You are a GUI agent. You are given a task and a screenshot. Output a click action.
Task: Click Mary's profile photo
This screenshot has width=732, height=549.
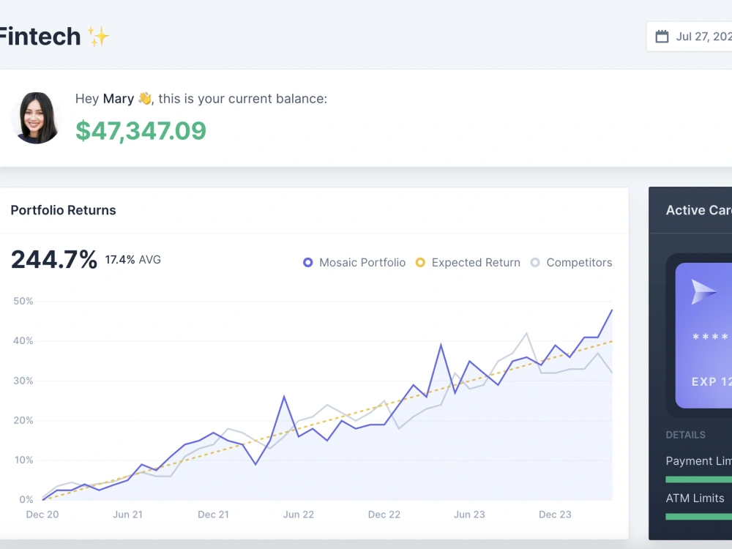(x=36, y=118)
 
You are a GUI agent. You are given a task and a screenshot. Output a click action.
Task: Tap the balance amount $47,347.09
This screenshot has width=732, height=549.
(x=141, y=130)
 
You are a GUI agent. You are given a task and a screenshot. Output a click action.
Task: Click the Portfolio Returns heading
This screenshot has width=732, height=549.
(x=63, y=210)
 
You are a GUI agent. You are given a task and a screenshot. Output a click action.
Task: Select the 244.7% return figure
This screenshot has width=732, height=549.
(x=54, y=260)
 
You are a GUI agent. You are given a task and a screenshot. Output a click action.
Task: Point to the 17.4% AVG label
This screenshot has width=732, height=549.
(x=132, y=260)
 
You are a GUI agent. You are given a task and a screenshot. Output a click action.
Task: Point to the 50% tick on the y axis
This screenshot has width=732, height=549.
(x=23, y=302)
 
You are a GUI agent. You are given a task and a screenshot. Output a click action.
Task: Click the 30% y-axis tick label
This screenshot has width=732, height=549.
(x=23, y=381)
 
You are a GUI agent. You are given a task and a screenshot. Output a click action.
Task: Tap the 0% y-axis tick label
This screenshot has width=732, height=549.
(x=26, y=500)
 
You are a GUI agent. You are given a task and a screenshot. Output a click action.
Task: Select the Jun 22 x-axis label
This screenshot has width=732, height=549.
(x=299, y=515)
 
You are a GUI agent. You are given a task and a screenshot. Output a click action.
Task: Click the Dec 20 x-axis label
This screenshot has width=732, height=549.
(x=42, y=515)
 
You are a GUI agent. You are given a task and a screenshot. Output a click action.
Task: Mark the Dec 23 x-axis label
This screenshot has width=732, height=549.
(x=555, y=515)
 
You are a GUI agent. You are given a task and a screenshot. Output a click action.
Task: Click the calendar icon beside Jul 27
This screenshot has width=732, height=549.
(x=662, y=37)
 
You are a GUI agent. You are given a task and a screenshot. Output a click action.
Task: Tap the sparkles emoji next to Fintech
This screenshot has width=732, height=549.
(x=98, y=37)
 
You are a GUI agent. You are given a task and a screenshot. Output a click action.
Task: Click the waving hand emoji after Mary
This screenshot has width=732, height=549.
(x=144, y=99)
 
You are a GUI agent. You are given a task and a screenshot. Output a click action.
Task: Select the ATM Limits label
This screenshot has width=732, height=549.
(x=695, y=498)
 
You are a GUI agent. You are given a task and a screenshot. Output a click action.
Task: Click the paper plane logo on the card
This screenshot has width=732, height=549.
(x=703, y=292)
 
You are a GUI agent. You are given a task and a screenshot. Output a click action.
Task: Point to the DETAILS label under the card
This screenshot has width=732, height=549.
(x=685, y=435)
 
